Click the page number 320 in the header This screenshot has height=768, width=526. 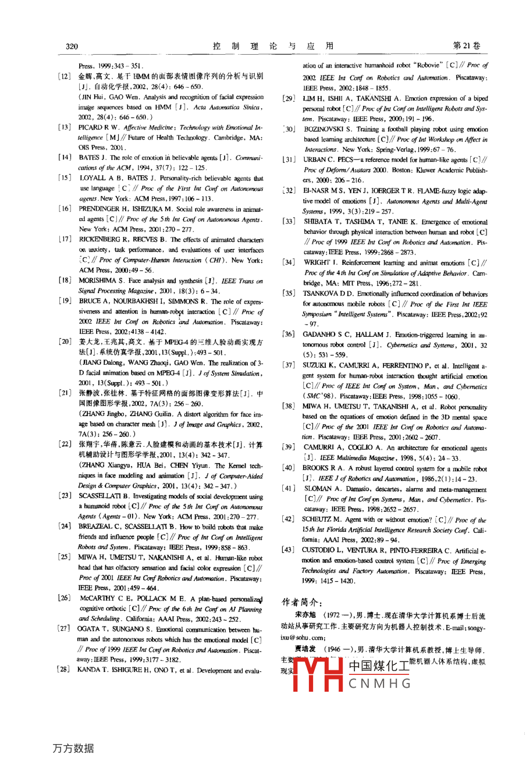[72, 47]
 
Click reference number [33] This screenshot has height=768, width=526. [289, 222]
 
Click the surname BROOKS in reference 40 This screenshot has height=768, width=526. [317, 468]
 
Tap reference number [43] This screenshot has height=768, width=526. [289, 550]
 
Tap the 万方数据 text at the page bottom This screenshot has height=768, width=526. [73, 748]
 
